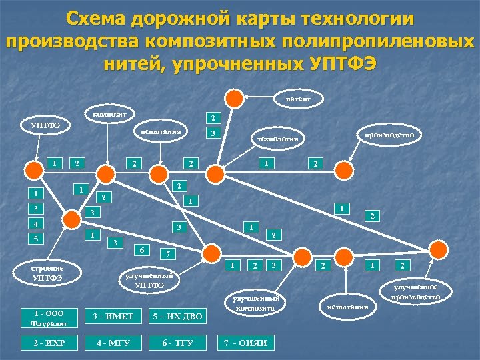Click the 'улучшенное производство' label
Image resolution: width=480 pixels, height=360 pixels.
pyautogui.click(x=415, y=291)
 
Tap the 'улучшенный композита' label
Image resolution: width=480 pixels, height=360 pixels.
pyautogui.click(x=257, y=304)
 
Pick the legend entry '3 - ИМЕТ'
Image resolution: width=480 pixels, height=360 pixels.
pyautogui.click(x=109, y=315)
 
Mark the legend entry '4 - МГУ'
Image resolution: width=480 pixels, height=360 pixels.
pyautogui.click(x=109, y=343)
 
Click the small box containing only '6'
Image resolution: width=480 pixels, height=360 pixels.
pyautogui.click(x=142, y=249)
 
